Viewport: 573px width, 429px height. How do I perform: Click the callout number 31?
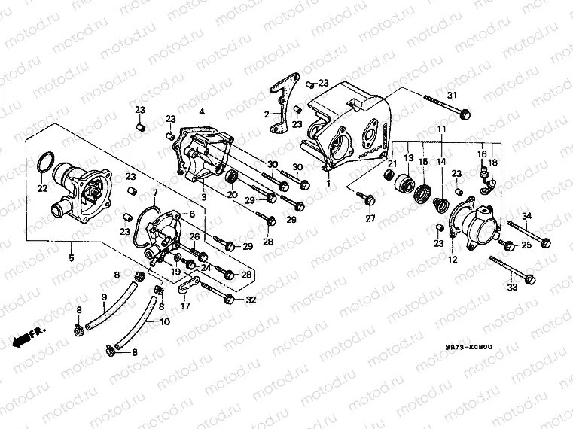(453, 95)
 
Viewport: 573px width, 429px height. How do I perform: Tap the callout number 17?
(184, 306)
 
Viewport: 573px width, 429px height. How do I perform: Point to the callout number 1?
(328, 182)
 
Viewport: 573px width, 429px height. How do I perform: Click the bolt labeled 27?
(368, 198)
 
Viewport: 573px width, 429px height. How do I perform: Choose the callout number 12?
(453, 260)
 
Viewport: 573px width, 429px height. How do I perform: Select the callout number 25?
(527, 245)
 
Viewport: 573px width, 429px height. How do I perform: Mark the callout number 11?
(441, 130)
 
